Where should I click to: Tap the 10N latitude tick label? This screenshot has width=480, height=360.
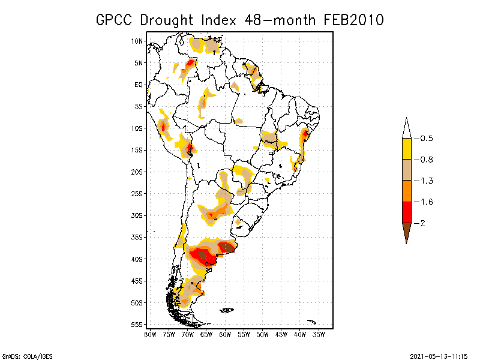(137, 41)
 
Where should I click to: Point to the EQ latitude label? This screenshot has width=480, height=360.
(139, 85)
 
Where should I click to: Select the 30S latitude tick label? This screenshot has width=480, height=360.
(137, 215)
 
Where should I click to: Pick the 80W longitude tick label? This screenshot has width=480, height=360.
(150, 334)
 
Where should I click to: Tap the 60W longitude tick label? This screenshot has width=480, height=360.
(225, 334)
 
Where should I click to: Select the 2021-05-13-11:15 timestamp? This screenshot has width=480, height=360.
(439, 355)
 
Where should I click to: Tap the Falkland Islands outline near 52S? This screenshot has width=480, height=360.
(226, 310)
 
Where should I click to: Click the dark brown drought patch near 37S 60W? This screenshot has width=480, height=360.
(227, 247)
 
